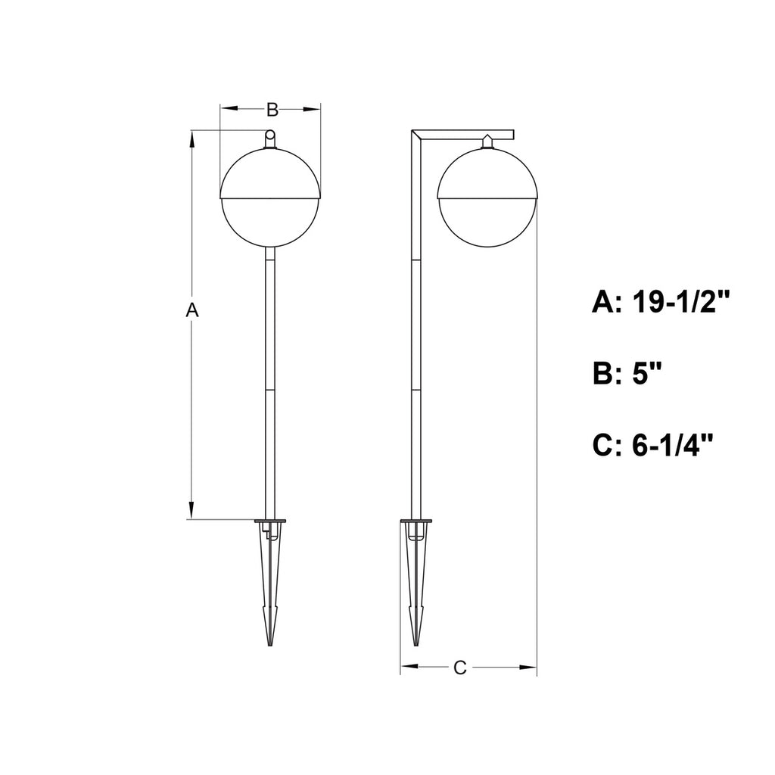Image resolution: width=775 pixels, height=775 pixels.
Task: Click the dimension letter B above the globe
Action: tap(272, 110)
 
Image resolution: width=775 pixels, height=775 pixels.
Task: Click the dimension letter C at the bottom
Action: tap(459, 667)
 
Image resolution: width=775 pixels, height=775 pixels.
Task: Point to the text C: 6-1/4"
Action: tap(654, 446)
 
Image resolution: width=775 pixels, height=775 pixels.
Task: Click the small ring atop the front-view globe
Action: tap(270, 136)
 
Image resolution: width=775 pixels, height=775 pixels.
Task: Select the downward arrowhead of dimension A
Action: tap(192, 512)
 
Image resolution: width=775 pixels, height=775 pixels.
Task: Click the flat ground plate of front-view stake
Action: tap(270, 521)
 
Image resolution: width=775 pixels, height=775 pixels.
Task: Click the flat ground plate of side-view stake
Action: tap(416, 521)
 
